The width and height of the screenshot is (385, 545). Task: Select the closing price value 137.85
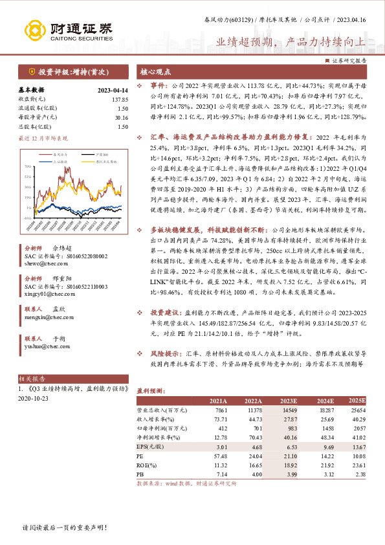(x=120, y=99)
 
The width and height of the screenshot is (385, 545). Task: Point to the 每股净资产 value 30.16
(x=120, y=117)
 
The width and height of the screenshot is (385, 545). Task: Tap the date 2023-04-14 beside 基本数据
(x=112, y=90)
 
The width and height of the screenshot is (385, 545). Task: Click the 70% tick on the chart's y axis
(x=29, y=166)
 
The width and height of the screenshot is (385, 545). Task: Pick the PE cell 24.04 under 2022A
(x=254, y=456)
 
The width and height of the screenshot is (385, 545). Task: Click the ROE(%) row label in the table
(x=147, y=465)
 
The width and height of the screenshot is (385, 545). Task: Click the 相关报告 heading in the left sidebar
(x=31, y=379)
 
